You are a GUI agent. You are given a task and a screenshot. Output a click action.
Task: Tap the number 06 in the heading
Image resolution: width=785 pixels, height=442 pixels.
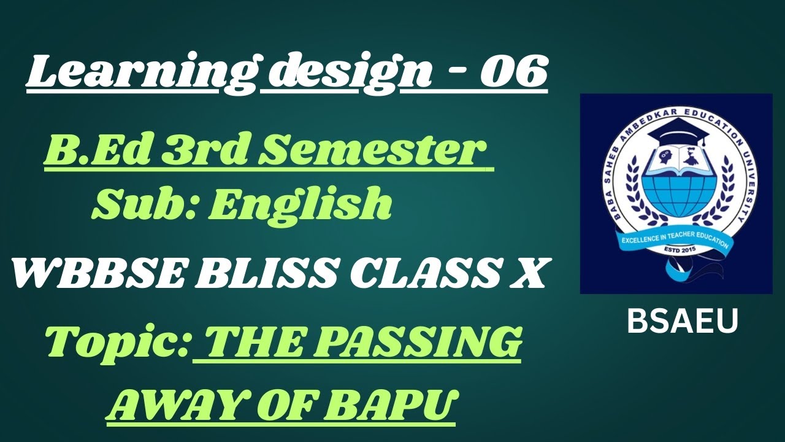(x=513, y=73)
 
